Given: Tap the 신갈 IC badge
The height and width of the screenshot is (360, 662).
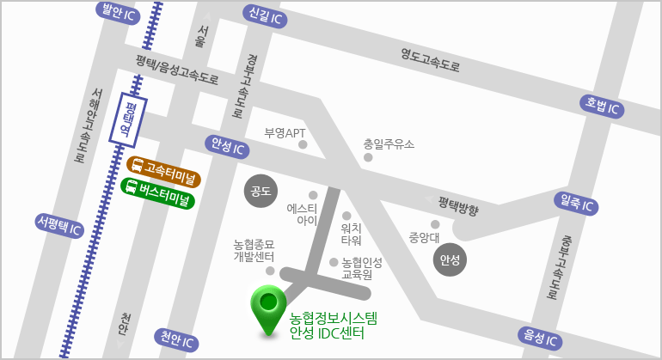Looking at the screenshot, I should (x=265, y=15).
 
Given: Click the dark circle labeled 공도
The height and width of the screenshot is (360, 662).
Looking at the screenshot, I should (x=260, y=191).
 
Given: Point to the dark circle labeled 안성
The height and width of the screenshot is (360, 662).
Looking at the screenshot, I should (x=450, y=259).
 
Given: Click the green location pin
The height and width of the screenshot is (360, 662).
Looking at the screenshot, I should (x=268, y=308).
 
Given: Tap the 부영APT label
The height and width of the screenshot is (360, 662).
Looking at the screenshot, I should (x=285, y=133).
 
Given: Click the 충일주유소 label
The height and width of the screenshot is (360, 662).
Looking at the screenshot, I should (x=389, y=143).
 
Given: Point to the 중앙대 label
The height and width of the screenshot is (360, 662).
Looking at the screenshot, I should (x=424, y=237).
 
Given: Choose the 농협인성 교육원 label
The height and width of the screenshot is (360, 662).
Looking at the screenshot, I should (x=361, y=269).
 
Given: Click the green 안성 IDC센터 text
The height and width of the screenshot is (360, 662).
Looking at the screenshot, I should (x=328, y=333).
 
